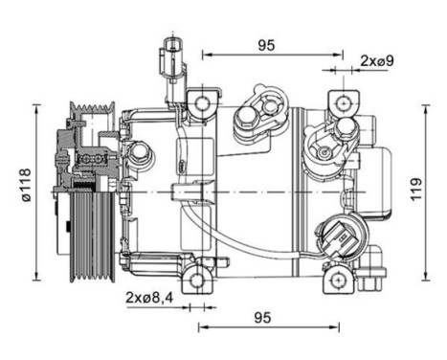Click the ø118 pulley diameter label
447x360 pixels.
click(27, 185)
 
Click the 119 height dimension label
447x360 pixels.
click(416, 189)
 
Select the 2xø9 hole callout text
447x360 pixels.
click(377, 60)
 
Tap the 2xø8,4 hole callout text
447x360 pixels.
click(149, 298)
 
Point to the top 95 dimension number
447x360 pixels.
click(266, 45)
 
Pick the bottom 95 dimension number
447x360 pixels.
click(262, 318)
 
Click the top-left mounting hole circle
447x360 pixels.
click(202, 103)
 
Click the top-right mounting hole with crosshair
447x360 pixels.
click(344, 103)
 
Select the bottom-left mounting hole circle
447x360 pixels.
click(196, 281)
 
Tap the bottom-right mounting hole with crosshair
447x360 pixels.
click(338, 281)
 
